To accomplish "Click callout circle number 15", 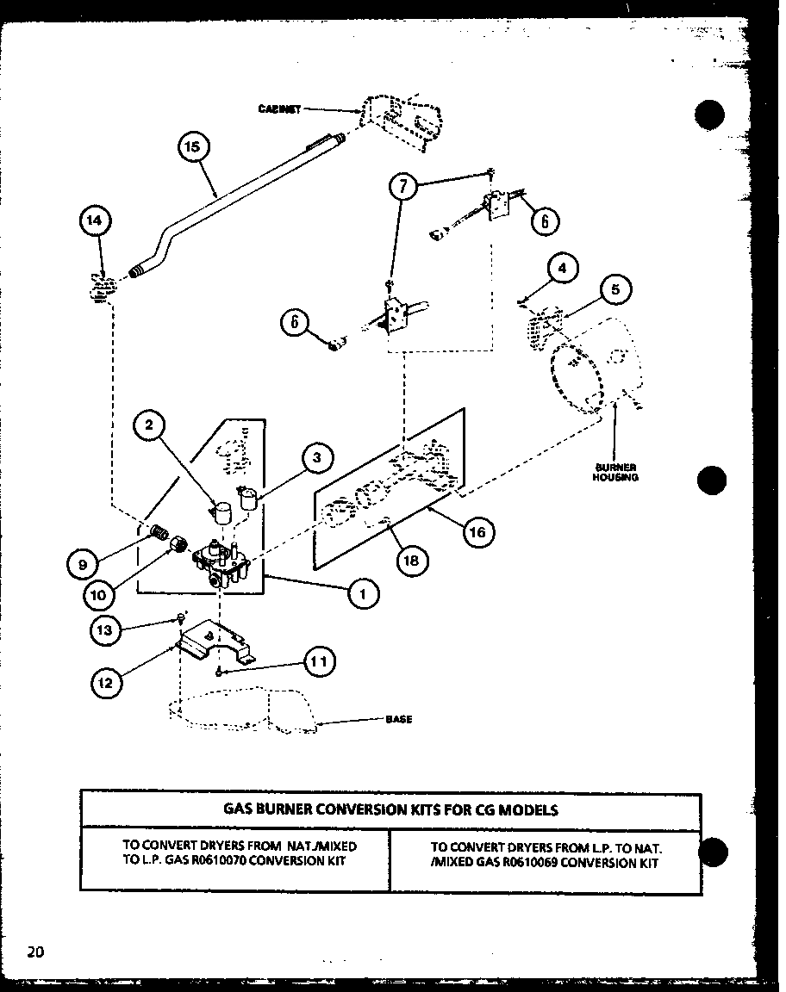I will (192, 146).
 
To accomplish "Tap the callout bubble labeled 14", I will (94, 220).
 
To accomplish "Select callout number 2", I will (149, 424).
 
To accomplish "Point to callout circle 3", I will (316, 458).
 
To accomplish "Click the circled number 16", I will (477, 532).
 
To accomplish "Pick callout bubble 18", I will (411, 560).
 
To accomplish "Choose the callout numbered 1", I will (364, 592).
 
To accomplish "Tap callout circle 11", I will (318, 661).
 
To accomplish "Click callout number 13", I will (105, 630).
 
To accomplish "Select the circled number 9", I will (82, 566).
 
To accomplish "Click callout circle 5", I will (615, 289).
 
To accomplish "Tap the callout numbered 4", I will (562, 269).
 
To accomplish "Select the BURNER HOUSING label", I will (614, 472).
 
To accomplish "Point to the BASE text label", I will (398, 719).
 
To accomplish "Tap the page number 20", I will (35, 952).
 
